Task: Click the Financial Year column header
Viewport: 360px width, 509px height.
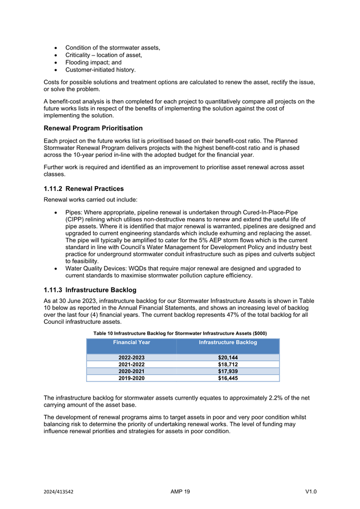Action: click(x=131, y=341)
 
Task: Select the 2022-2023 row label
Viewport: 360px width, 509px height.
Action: click(x=131, y=357)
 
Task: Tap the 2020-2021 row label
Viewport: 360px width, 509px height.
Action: click(x=131, y=371)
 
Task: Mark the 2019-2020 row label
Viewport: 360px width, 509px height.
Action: click(x=131, y=378)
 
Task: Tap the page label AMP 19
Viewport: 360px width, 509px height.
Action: click(x=180, y=491)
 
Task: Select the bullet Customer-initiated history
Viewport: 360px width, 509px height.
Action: click(x=100, y=70)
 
